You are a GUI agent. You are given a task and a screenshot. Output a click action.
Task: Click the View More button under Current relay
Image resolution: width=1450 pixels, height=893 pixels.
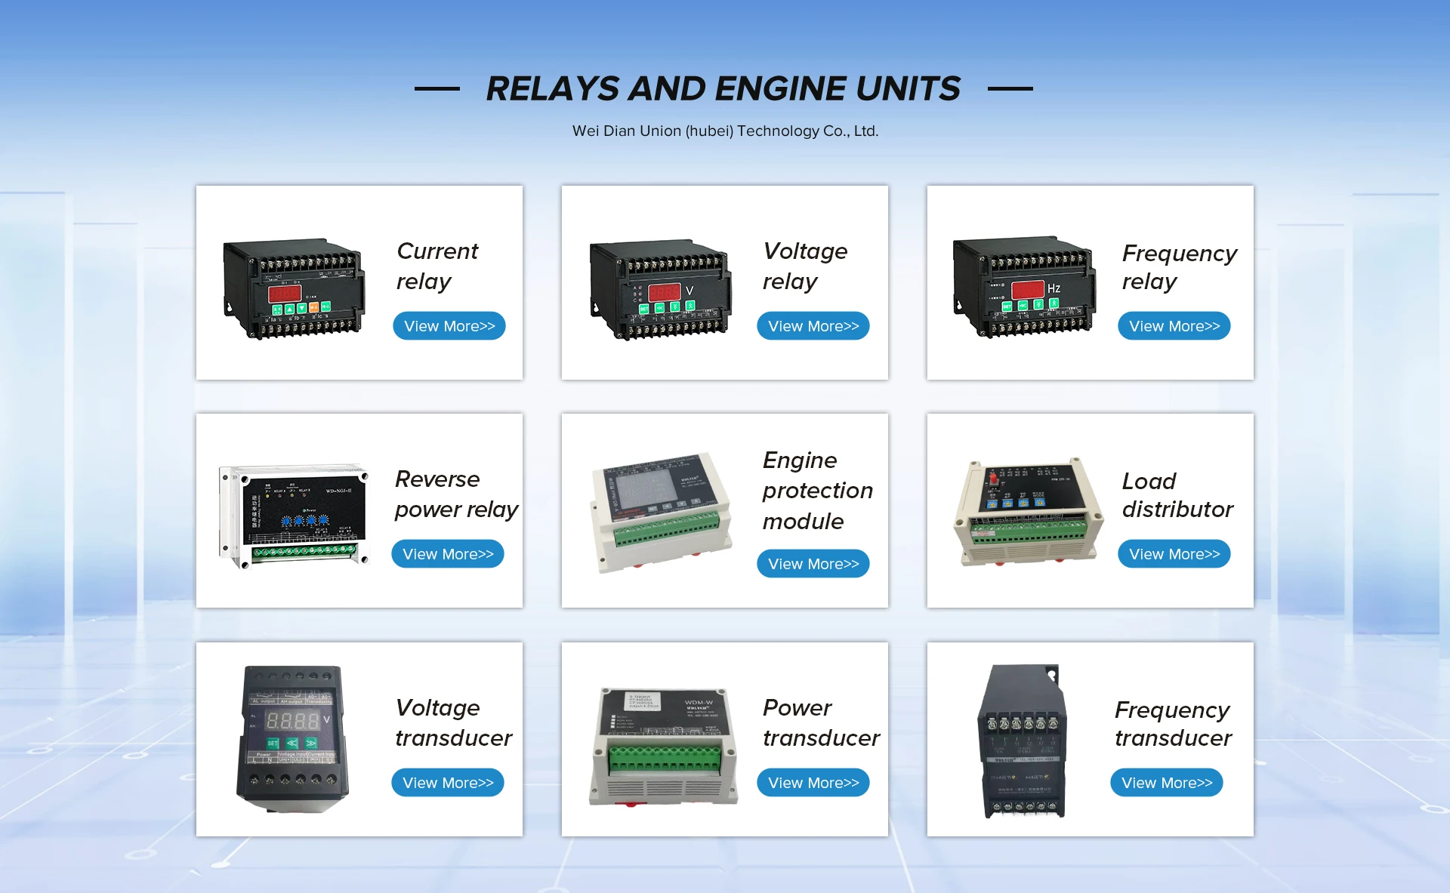[449, 326]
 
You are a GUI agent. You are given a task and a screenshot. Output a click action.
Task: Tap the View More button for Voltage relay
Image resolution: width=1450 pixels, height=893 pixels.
[813, 326]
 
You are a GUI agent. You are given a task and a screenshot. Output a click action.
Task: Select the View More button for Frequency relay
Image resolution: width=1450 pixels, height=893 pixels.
[1174, 326]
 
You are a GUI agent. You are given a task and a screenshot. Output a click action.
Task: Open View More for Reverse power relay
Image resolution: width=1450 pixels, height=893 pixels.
[448, 554]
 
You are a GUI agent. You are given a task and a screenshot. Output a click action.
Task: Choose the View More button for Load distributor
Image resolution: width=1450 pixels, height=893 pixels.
[1174, 554]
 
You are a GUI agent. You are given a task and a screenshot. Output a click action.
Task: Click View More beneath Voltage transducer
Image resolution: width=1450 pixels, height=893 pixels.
[448, 783]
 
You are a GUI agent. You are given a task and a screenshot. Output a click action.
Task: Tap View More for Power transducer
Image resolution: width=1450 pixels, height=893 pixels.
[813, 783]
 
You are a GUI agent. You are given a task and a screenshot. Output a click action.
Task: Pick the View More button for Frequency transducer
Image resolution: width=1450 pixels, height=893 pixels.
[1167, 783]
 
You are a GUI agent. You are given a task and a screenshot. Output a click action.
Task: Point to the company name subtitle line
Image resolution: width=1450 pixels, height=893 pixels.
[725, 131]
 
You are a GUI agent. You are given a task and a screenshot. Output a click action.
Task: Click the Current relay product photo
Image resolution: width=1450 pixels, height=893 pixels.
[295, 289]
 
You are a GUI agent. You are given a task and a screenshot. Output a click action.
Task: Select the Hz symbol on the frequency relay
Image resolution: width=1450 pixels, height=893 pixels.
[1054, 288]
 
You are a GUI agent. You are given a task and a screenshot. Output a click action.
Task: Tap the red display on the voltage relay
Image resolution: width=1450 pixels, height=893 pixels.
[665, 291]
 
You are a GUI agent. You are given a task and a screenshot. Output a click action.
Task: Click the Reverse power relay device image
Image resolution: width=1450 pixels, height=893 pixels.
[295, 516]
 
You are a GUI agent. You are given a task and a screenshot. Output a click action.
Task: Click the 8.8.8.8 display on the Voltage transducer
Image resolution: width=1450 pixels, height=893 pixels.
[293, 720]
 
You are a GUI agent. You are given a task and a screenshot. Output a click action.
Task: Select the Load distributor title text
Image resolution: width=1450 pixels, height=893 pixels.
[1177, 495]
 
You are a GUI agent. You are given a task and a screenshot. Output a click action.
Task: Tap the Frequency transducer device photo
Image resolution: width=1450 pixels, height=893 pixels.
[1023, 741]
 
